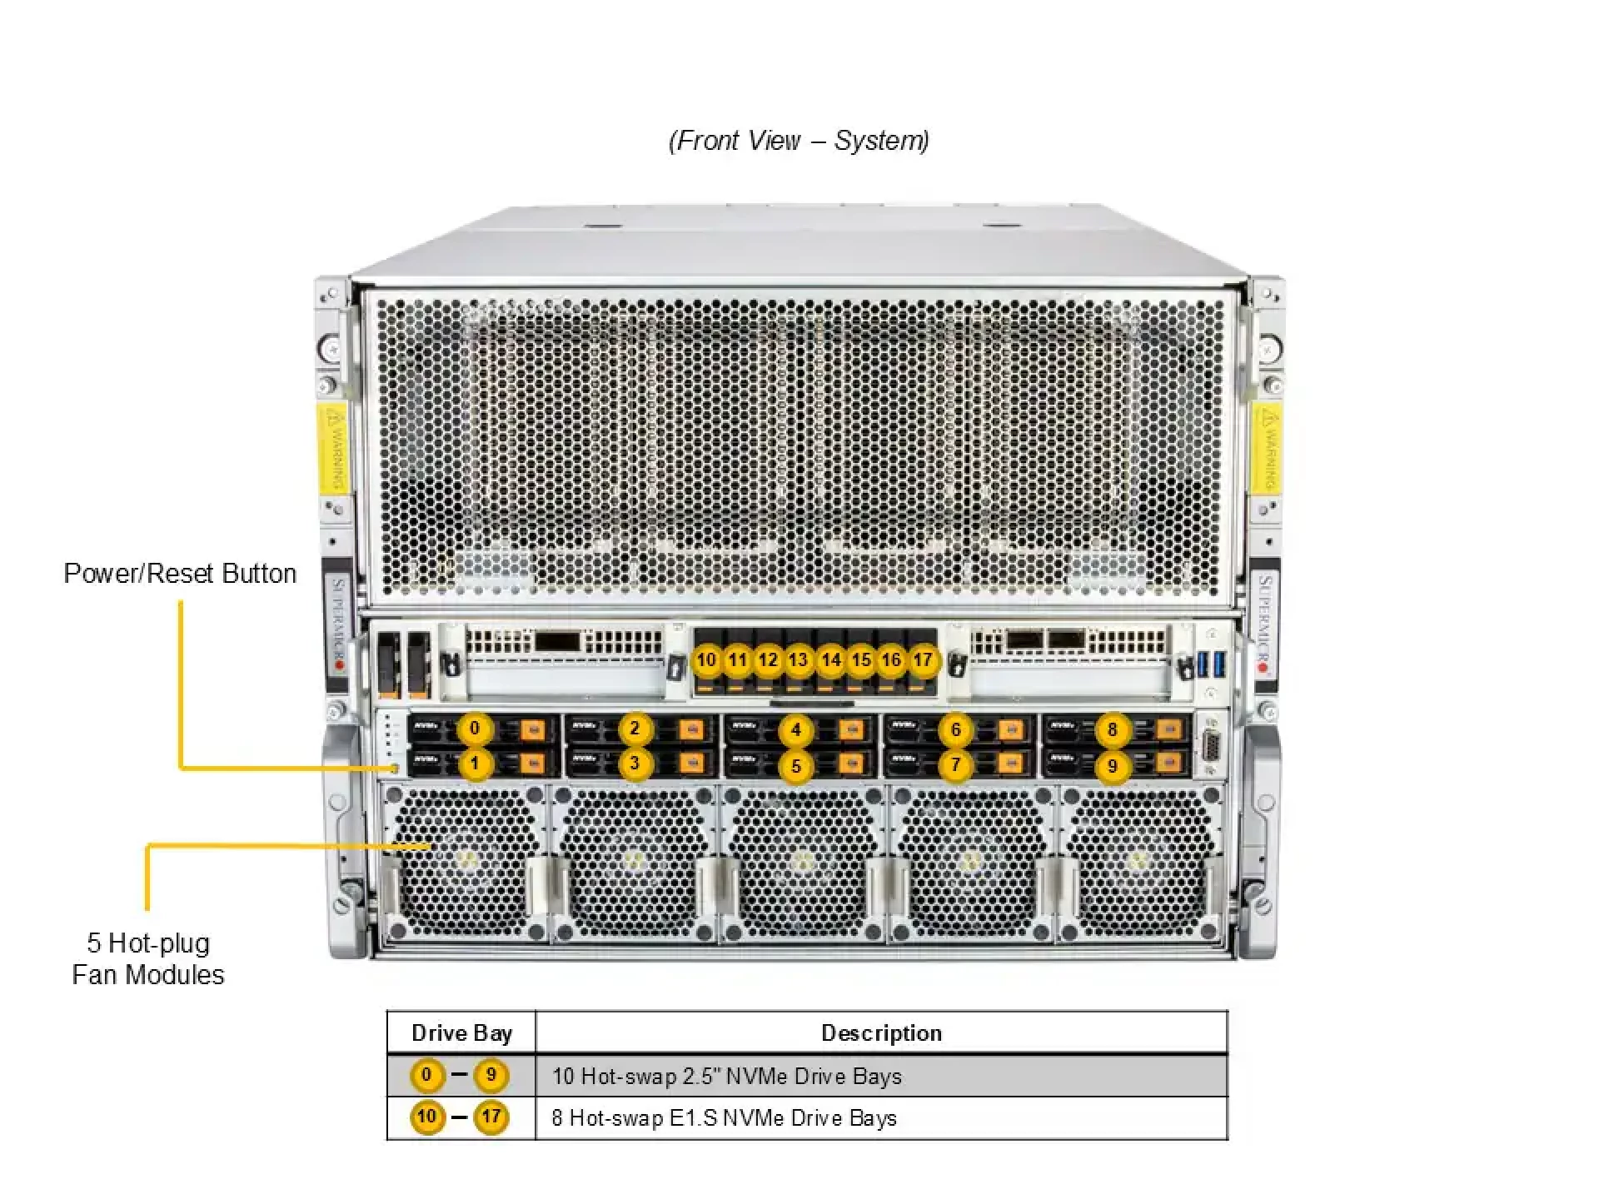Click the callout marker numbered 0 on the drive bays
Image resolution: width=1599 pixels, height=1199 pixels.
click(475, 729)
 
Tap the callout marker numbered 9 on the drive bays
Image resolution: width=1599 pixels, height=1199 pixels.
click(1112, 766)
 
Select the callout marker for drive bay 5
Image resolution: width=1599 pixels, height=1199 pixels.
click(795, 766)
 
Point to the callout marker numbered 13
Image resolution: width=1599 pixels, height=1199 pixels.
click(798, 660)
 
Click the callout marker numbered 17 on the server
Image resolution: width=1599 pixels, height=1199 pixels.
click(922, 660)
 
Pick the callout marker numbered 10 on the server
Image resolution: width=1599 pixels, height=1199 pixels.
click(706, 660)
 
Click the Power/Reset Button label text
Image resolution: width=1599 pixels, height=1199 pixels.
click(180, 574)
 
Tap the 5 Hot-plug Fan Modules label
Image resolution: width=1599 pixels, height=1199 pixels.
click(148, 958)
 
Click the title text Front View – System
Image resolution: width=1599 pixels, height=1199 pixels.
click(799, 141)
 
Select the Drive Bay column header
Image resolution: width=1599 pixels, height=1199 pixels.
click(461, 1033)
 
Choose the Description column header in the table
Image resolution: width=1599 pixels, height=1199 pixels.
click(881, 1033)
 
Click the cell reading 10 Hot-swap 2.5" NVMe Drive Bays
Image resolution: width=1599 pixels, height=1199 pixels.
click(726, 1077)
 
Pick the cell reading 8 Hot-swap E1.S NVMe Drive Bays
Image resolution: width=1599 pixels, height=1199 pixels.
click(724, 1118)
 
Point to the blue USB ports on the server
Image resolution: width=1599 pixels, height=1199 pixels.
click(1211, 664)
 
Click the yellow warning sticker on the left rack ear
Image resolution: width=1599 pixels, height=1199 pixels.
click(333, 447)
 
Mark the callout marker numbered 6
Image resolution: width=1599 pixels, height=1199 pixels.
click(955, 730)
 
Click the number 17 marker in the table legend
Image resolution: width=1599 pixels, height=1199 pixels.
click(491, 1117)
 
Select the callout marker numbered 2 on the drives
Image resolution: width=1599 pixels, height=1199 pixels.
click(635, 729)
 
